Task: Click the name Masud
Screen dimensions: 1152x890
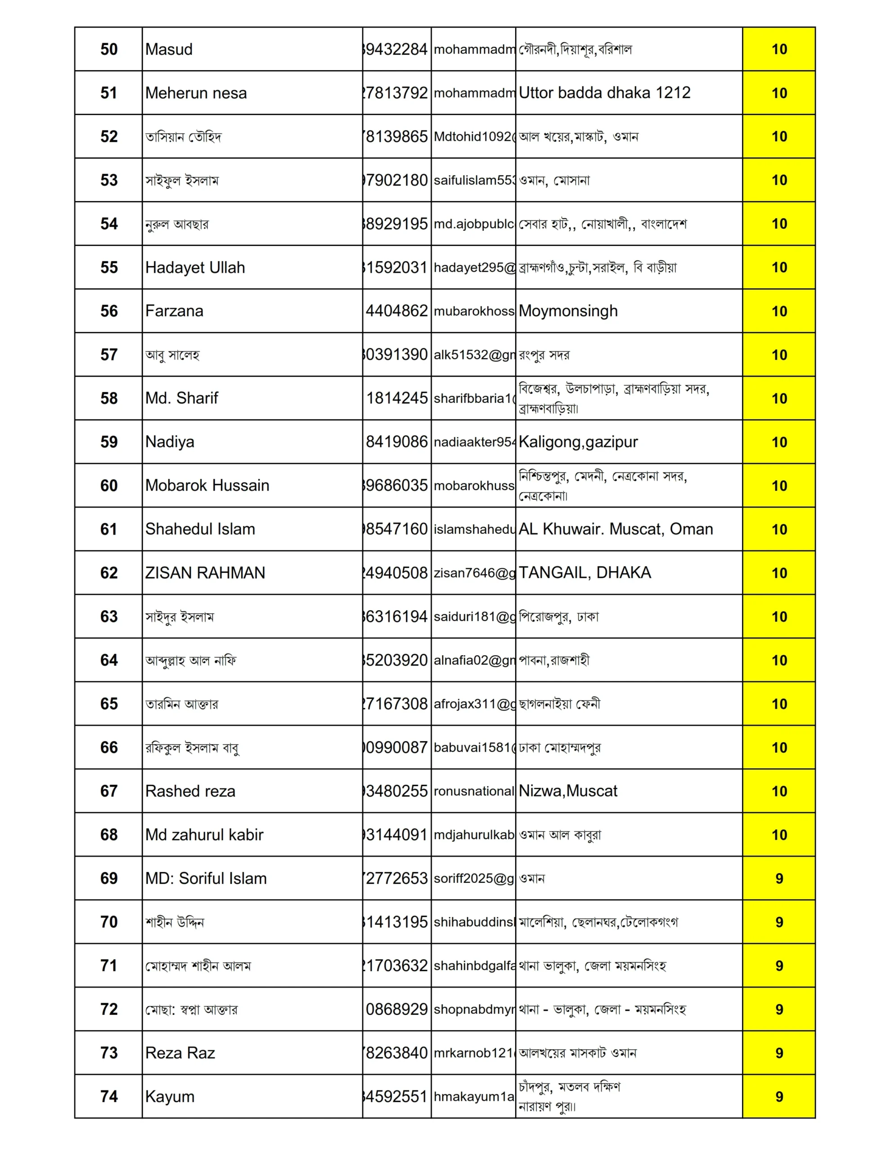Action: tap(169, 49)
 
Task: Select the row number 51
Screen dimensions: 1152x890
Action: tap(109, 93)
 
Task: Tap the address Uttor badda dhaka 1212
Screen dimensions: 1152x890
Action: tap(605, 93)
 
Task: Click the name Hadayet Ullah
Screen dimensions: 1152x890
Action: tap(195, 267)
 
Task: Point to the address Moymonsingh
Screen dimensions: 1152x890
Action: tap(568, 311)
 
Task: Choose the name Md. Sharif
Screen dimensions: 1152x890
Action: tap(181, 398)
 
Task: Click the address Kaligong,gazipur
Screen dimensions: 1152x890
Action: tap(578, 442)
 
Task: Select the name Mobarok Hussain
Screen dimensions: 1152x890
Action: tap(207, 486)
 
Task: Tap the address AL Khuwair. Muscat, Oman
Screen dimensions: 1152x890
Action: tap(616, 529)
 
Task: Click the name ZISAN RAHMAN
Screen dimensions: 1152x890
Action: tap(205, 573)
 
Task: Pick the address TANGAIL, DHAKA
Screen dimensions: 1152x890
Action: tap(584, 573)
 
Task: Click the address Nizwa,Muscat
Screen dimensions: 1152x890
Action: tap(568, 791)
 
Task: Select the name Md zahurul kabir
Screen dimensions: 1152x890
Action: tap(204, 835)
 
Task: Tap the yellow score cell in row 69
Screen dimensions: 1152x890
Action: tap(779, 879)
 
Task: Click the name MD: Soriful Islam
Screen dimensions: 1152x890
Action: tap(206, 879)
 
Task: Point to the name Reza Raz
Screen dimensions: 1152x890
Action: tap(180, 1053)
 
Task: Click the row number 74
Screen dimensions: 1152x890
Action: tap(109, 1097)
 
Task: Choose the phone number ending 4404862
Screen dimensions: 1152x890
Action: tap(397, 311)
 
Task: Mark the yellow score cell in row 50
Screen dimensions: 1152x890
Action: tap(779, 49)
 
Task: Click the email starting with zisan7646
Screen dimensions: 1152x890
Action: tap(474, 573)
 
